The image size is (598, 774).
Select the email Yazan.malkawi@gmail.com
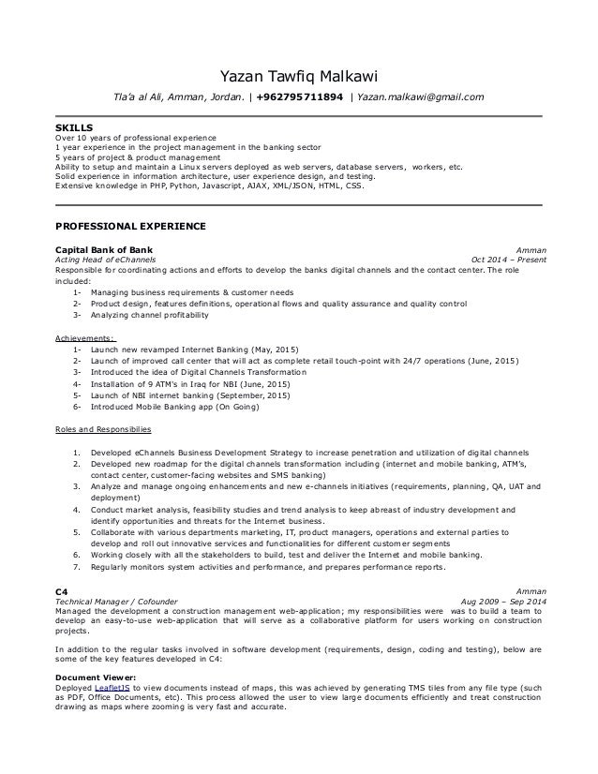coord(421,97)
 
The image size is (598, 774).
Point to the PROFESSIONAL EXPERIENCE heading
coord(131,227)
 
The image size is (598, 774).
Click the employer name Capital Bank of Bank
coord(106,250)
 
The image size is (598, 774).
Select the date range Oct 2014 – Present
coord(510,260)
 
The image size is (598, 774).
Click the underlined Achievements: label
coord(85,338)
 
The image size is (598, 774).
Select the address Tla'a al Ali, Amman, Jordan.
coord(178,97)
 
